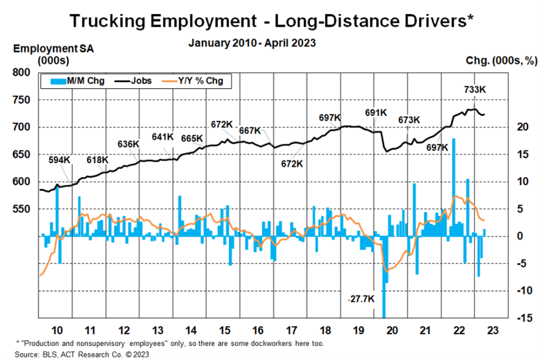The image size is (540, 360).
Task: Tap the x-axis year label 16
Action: pos(257,330)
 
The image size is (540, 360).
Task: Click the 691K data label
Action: pos(375,113)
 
